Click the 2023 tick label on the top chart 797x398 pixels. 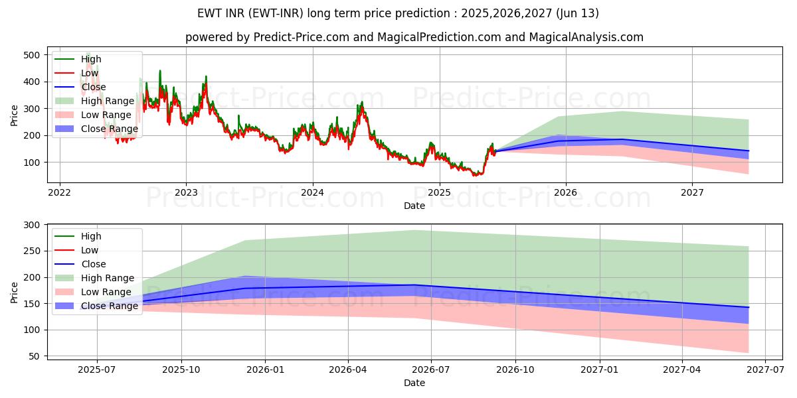click(186, 193)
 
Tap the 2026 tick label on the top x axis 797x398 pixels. click(565, 193)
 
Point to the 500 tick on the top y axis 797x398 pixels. click(31, 55)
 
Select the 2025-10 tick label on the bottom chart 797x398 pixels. click(181, 370)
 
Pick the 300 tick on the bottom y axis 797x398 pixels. click(31, 225)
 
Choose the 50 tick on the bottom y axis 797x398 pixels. click(34, 356)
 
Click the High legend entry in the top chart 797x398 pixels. click(90, 59)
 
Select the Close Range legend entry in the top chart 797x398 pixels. click(110, 129)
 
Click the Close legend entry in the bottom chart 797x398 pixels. click(94, 264)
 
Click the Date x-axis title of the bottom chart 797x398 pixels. click(414, 383)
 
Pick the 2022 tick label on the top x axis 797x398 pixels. click(60, 193)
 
